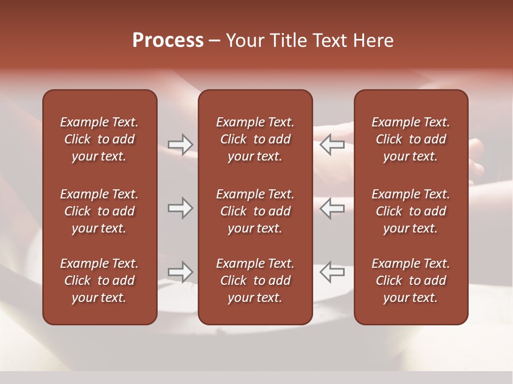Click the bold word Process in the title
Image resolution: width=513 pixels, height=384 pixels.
[168, 41]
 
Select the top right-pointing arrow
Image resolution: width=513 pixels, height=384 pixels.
[181, 144]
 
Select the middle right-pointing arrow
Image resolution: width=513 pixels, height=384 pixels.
[181, 208]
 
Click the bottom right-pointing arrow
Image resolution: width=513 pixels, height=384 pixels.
[181, 272]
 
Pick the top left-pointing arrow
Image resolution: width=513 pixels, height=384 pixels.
[332, 144]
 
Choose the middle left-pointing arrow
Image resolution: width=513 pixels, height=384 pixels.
[332, 208]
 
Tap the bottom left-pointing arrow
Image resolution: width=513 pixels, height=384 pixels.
[332, 272]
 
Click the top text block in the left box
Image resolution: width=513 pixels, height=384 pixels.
[99, 139]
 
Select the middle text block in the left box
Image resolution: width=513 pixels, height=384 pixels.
[99, 211]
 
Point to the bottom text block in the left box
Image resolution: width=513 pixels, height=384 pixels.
[99, 281]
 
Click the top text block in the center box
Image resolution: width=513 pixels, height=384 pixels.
[255, 139]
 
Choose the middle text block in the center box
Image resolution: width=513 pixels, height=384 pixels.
[255, 211]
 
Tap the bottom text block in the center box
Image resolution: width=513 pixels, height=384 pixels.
[255, 281]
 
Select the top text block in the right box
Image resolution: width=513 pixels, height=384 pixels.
[410, 139]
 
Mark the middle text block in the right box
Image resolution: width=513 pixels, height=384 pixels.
[410, 211]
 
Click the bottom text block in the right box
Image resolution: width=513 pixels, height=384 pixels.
[410, 281]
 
